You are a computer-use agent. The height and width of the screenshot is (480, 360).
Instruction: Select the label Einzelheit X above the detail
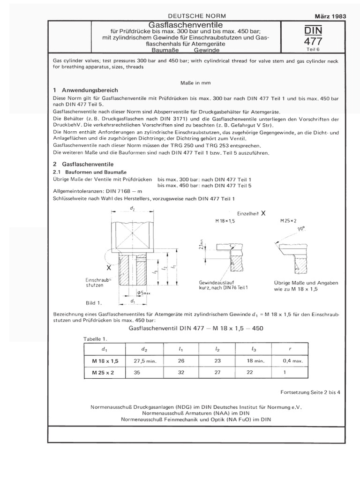tap(251, 212)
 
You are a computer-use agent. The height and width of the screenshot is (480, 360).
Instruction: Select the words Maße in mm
tap(195, 82)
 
